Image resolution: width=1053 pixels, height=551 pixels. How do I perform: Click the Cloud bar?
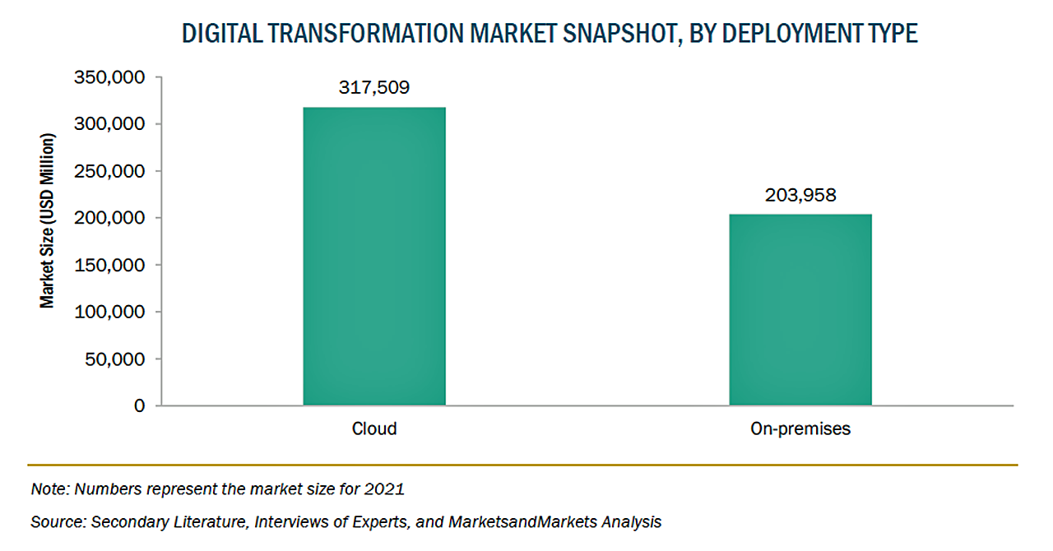374,256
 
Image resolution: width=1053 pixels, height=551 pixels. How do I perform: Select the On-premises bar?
800,309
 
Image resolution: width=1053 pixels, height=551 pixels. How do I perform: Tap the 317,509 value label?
374,88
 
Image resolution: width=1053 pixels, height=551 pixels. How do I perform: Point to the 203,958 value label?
800,196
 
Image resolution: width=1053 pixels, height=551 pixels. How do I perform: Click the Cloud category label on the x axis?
374,428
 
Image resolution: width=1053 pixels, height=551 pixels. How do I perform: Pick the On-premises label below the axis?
800,428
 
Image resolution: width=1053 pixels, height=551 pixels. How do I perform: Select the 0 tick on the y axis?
139,406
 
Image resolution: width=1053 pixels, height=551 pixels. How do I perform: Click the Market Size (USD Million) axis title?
49,221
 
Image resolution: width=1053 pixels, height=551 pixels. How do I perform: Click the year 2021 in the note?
387,489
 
